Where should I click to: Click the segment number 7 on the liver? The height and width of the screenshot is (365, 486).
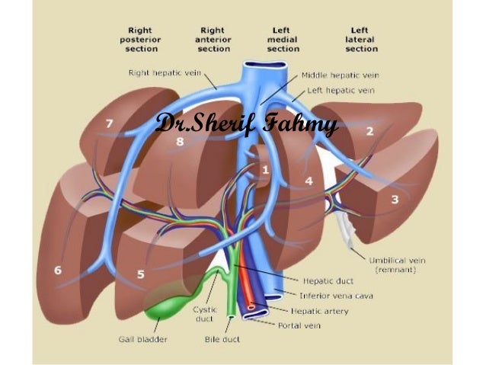tap(110, 123)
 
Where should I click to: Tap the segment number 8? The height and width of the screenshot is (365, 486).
tap(180, 141)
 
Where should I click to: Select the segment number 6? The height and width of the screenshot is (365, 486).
tap(58, 270)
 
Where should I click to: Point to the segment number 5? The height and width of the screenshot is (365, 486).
tap(141, 274)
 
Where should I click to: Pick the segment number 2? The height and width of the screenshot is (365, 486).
tap(370, 132)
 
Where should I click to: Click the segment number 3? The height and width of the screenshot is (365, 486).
tap(395, 200)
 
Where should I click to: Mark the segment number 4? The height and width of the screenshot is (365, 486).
tap(309, 181)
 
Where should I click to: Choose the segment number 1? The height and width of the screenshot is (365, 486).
tap(265, 169)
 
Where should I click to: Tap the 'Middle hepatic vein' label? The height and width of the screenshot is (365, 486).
tap(341, 75)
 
